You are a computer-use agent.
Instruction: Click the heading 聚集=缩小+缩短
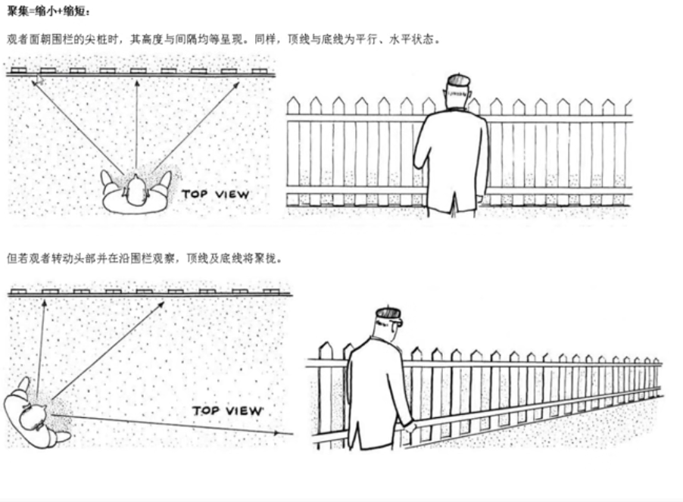coord(48,12)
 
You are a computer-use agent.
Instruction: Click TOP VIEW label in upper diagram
coord(215,195)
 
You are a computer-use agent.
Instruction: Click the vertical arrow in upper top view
coord(136,121)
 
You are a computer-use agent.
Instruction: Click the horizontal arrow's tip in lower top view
coord(289,433)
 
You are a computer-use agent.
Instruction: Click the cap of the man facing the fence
coord(458,80)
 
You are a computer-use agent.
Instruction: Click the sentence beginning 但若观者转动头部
coord(144,257)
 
